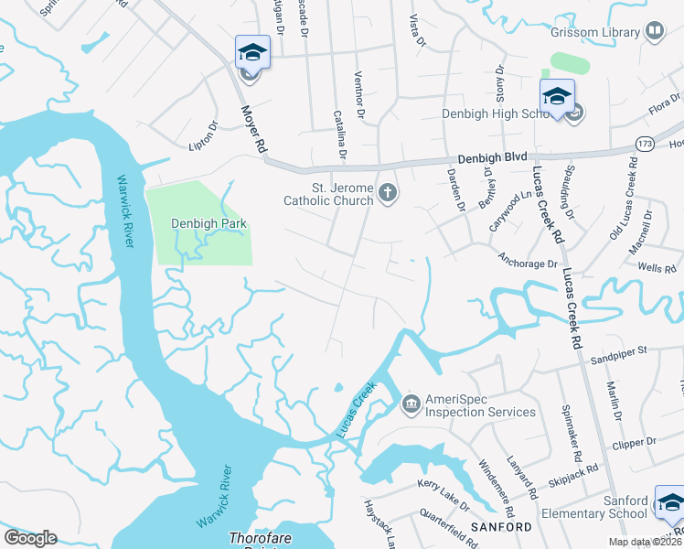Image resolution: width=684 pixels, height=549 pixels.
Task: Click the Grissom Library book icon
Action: pos(655,32)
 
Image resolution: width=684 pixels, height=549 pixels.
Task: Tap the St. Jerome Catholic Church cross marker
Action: pos(388,192)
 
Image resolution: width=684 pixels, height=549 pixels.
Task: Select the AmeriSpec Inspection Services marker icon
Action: pos(411,402)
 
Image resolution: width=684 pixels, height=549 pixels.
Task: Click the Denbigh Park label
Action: pos(208,223)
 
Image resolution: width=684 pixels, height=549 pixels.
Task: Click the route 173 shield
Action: pos(647,145)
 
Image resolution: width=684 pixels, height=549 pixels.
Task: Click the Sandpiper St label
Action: pos(617,350)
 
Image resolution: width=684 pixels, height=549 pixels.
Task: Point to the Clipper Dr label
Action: pos(638,442)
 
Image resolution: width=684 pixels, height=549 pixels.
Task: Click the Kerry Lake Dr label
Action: pos(443,507)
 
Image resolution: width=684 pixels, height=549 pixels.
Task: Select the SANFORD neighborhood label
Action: pos(501,528)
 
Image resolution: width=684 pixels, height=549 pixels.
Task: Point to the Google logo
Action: pos(30,538)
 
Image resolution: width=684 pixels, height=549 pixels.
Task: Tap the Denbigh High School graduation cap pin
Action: pos(557,96)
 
